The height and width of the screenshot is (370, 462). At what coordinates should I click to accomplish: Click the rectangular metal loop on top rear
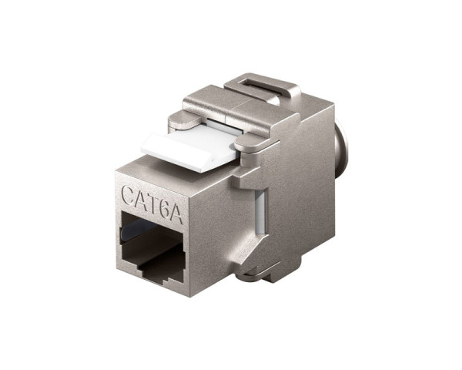pyautogui.click(x=262, y=85)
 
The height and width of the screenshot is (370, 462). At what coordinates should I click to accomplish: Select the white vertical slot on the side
pyautogui.click(x=261, y=212)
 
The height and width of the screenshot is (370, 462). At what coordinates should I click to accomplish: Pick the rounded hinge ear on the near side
pyautogui.click(x=248, y=142)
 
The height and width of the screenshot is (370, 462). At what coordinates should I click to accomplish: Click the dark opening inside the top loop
pyautogui.click(x=258, y=87)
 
